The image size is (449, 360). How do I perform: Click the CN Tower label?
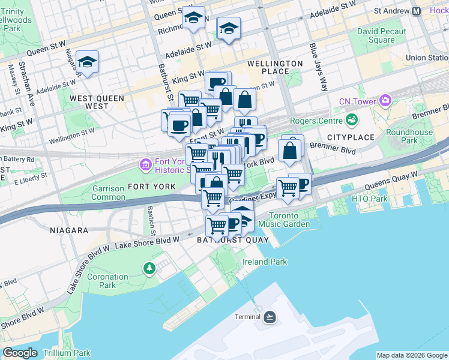tap(358, 100)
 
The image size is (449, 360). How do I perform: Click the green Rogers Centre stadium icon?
tap(349, 119)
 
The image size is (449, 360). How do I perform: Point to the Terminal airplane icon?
tap(270, 317)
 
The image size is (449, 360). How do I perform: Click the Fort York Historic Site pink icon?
tap(145, 164)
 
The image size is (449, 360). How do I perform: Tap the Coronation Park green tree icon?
tap(148, 268)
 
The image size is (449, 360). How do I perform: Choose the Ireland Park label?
tap(265, 262)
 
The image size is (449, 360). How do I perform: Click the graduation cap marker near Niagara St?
tap(87, 62)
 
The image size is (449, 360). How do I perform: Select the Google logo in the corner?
tap(20, 353)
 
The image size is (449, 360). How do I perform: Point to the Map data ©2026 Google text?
tap(411, 355)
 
